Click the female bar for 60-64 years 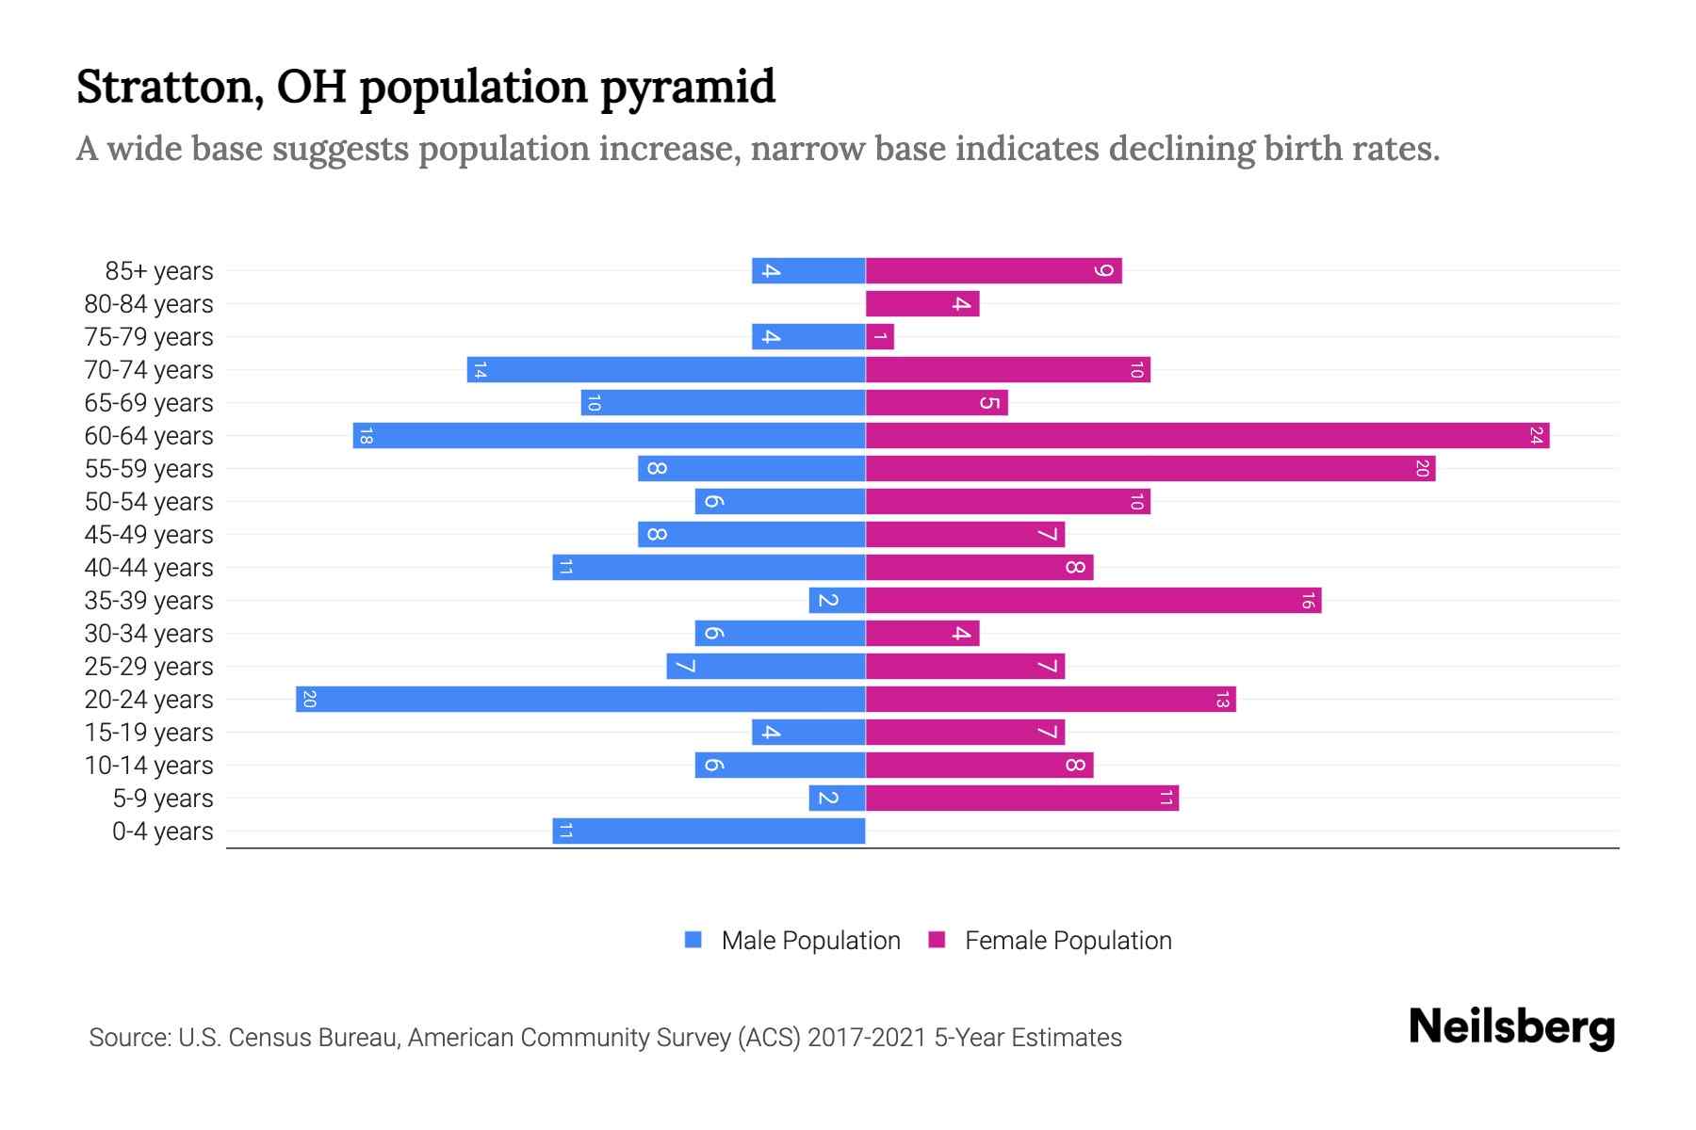1206,436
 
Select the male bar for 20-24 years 580,700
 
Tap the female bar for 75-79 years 879,337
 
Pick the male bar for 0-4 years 709,831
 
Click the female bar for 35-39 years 1093,601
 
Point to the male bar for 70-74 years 666,370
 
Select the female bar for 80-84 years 921,304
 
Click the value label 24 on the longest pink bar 1536,436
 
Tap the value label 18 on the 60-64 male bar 366,436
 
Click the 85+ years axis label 159,271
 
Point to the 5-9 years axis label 163,799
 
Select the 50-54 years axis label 149,502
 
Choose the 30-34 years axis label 149,634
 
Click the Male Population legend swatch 693,940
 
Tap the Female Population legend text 1068,941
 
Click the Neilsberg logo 1511,1027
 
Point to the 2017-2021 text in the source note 867,1038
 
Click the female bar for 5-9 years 1021,799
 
